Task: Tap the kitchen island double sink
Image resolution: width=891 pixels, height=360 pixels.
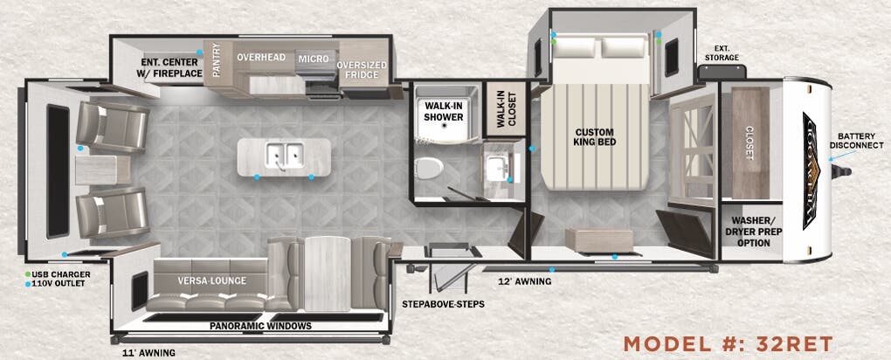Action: (x=284, y=156)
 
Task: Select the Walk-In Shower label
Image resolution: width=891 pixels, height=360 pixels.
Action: (x=443, y=111)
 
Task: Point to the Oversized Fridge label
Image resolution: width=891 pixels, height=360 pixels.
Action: (x=362, y=70)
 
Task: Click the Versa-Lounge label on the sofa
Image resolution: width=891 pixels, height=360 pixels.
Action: (x=211, y=281)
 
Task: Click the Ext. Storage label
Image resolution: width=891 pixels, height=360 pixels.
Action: (x=722, y=52)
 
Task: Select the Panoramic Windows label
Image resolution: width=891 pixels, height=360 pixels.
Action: (x=260, y=326)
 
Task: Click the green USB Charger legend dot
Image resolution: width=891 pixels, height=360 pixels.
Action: (x=27, y=274)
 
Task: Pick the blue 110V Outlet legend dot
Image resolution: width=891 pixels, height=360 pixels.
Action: (x=27, y=284)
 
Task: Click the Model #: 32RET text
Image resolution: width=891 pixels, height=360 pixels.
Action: (x=728, y=342)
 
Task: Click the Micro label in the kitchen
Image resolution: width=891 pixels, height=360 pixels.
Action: (x=314, y=59)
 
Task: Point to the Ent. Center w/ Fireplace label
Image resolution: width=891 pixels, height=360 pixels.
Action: (x=172, y=67)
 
